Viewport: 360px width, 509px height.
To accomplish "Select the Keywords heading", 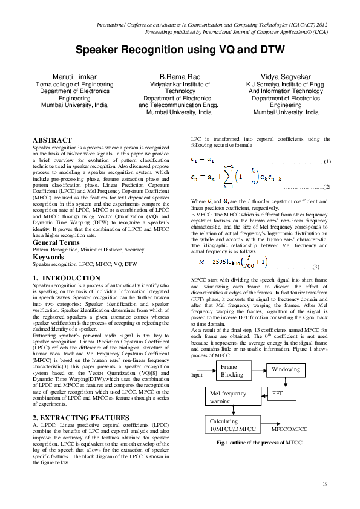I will (x=48, y=257).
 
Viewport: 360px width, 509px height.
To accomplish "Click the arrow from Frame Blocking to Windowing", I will (x=261, y=353).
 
